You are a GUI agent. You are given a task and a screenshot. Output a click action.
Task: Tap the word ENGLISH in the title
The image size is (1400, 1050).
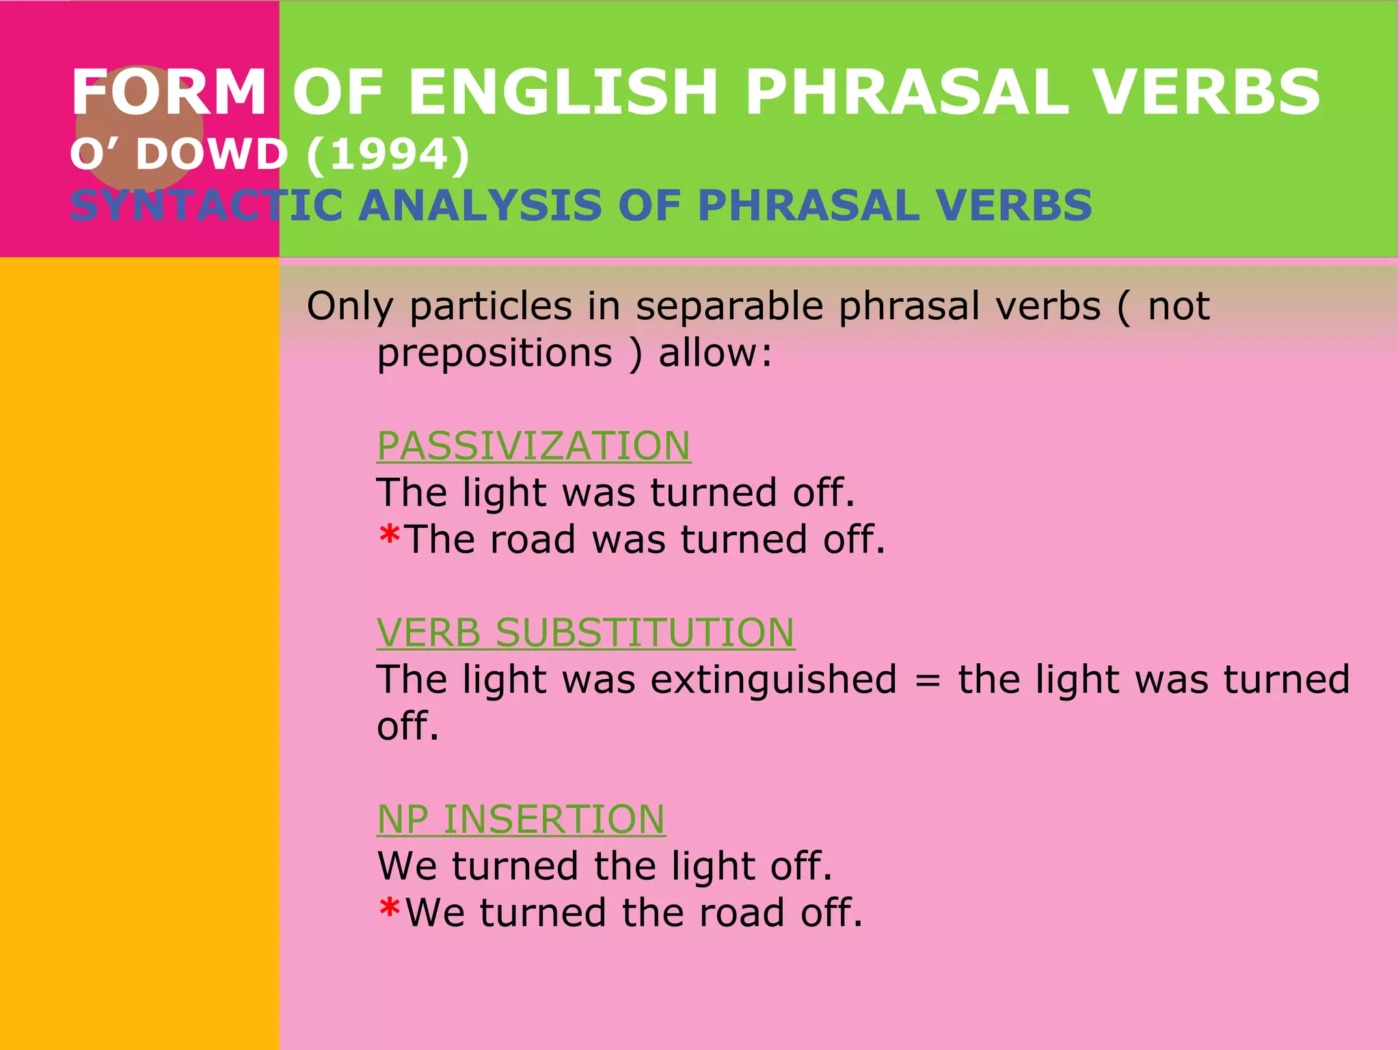click(x=563, y=92)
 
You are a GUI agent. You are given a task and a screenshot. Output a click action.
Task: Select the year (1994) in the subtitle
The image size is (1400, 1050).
click(x=388, y=154)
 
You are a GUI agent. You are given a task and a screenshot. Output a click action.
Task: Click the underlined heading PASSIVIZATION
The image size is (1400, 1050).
click(x=533, y=446)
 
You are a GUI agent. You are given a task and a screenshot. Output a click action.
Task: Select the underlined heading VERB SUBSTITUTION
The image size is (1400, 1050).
click(x=585, y=632)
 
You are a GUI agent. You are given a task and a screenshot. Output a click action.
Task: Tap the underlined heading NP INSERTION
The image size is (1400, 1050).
click(x=521, y=819)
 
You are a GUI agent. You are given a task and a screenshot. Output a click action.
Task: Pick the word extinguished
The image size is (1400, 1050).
click(x=773, y=679)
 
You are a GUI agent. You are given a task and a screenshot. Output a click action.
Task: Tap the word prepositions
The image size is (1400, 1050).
click(x=495, y=353)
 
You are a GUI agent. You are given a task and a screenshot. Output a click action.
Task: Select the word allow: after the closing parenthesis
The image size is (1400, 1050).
click(x=715, y=353)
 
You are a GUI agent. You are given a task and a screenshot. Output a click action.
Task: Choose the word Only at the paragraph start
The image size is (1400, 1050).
click(x=349, y=306)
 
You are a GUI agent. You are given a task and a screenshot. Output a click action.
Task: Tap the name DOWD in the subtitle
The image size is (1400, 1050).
click(x=211, y=154)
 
